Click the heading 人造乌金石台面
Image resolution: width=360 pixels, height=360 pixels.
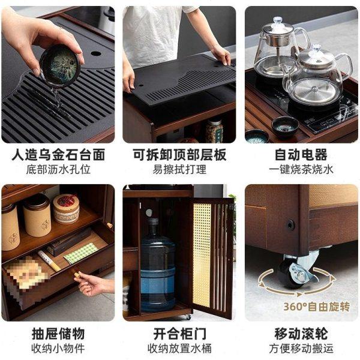[x=58, y=155]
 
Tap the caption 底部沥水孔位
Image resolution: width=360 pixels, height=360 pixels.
[x=58, y=169]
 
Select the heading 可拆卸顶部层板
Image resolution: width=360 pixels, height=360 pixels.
[x=179, y=155]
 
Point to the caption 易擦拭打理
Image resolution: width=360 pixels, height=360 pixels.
[x=179, y=169]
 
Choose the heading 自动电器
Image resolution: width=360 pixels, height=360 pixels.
[x=301, y=155]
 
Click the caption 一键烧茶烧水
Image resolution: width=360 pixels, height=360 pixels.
[x=301, y=169]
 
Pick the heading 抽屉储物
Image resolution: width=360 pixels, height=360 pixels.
[x=58, y=333]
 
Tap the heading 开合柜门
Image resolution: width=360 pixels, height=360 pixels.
[x=179, y=333]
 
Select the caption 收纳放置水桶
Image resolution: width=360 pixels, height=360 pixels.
[x=179, y=348]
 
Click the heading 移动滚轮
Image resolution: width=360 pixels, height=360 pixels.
[x=301, y=333]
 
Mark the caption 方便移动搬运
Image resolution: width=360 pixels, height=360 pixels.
[x=301, y=348]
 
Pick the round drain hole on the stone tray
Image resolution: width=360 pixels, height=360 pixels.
[x=96, y=53]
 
